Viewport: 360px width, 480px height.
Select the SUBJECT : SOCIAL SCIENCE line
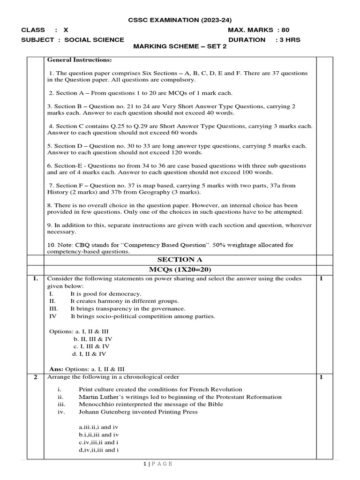coord(73,40)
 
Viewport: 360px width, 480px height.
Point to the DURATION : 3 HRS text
coord(264,40)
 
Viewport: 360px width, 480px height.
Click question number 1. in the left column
coord(35,279)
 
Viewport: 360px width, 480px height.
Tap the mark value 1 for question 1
coord(321,279)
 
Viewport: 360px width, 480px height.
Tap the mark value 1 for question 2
coord(321,377)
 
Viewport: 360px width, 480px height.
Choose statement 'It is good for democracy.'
coord(106,293)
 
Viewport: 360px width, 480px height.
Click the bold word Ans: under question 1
coord(56,369)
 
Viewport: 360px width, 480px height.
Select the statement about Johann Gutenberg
coord(138,412)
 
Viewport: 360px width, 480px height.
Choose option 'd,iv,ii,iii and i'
coord(99,450)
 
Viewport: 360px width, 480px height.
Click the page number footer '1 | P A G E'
coord(158,464)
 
